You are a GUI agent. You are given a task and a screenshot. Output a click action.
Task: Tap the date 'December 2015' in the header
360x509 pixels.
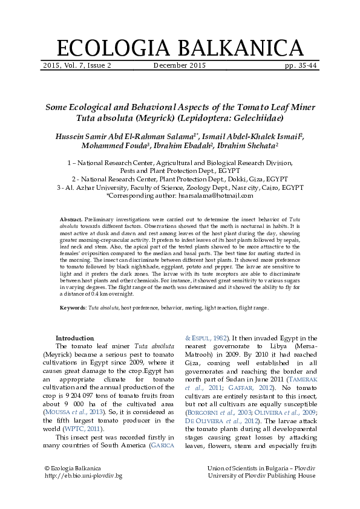point(180,65)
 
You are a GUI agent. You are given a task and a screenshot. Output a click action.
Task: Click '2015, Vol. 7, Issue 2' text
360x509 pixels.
point(77,65)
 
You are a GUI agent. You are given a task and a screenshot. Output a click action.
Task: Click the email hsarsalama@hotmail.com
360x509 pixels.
point(215,196)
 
